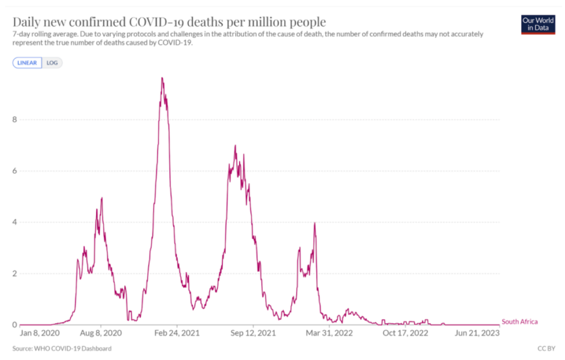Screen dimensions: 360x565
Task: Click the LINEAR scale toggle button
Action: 27,63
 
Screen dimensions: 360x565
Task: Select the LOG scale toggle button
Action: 52,63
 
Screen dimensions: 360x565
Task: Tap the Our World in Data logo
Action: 537,25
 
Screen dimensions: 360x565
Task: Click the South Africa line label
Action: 519,322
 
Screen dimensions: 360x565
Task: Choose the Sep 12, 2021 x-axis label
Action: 253,334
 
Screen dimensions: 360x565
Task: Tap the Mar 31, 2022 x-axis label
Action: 329,334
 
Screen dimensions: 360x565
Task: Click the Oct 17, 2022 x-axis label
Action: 405,334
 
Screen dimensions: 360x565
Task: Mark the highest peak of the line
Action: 162,78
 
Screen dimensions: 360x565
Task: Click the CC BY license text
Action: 545,348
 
